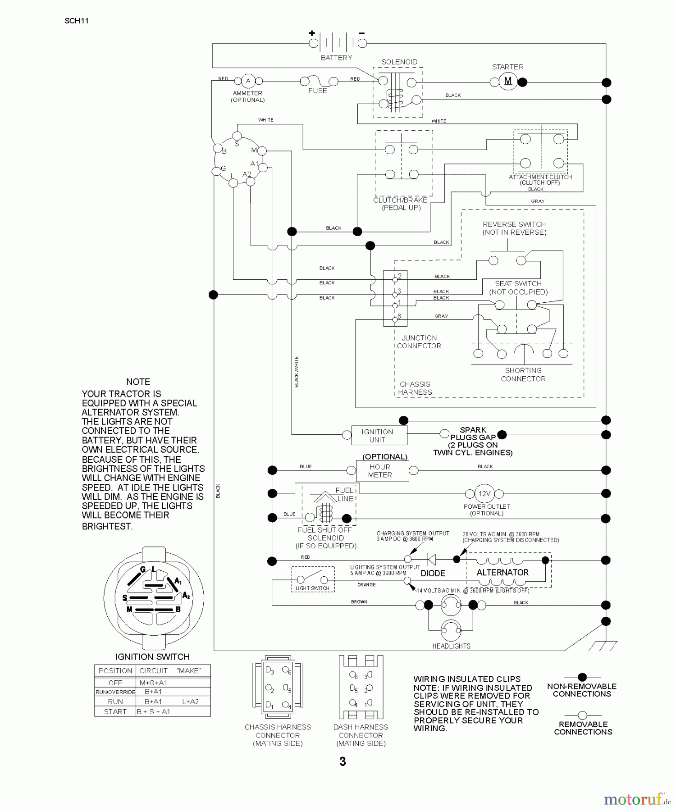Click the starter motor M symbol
point(508,82)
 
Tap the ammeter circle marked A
point(248,81)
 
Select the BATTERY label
point(336,58)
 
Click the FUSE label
point(318,91)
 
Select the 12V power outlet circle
point(484,494)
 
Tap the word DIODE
point(433,573)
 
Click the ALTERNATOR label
point(502,572)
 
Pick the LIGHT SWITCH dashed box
point(313,579)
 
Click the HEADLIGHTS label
point(451,646)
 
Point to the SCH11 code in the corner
point(77,21)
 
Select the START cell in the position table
point(115,711)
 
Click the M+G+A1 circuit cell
point(153,683)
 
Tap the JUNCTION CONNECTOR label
point(419,342)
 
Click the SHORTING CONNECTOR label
point(523,374)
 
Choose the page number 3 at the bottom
point(343,761)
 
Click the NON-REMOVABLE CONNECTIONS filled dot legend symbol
point(582,677)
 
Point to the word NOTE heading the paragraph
point(138,382)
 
